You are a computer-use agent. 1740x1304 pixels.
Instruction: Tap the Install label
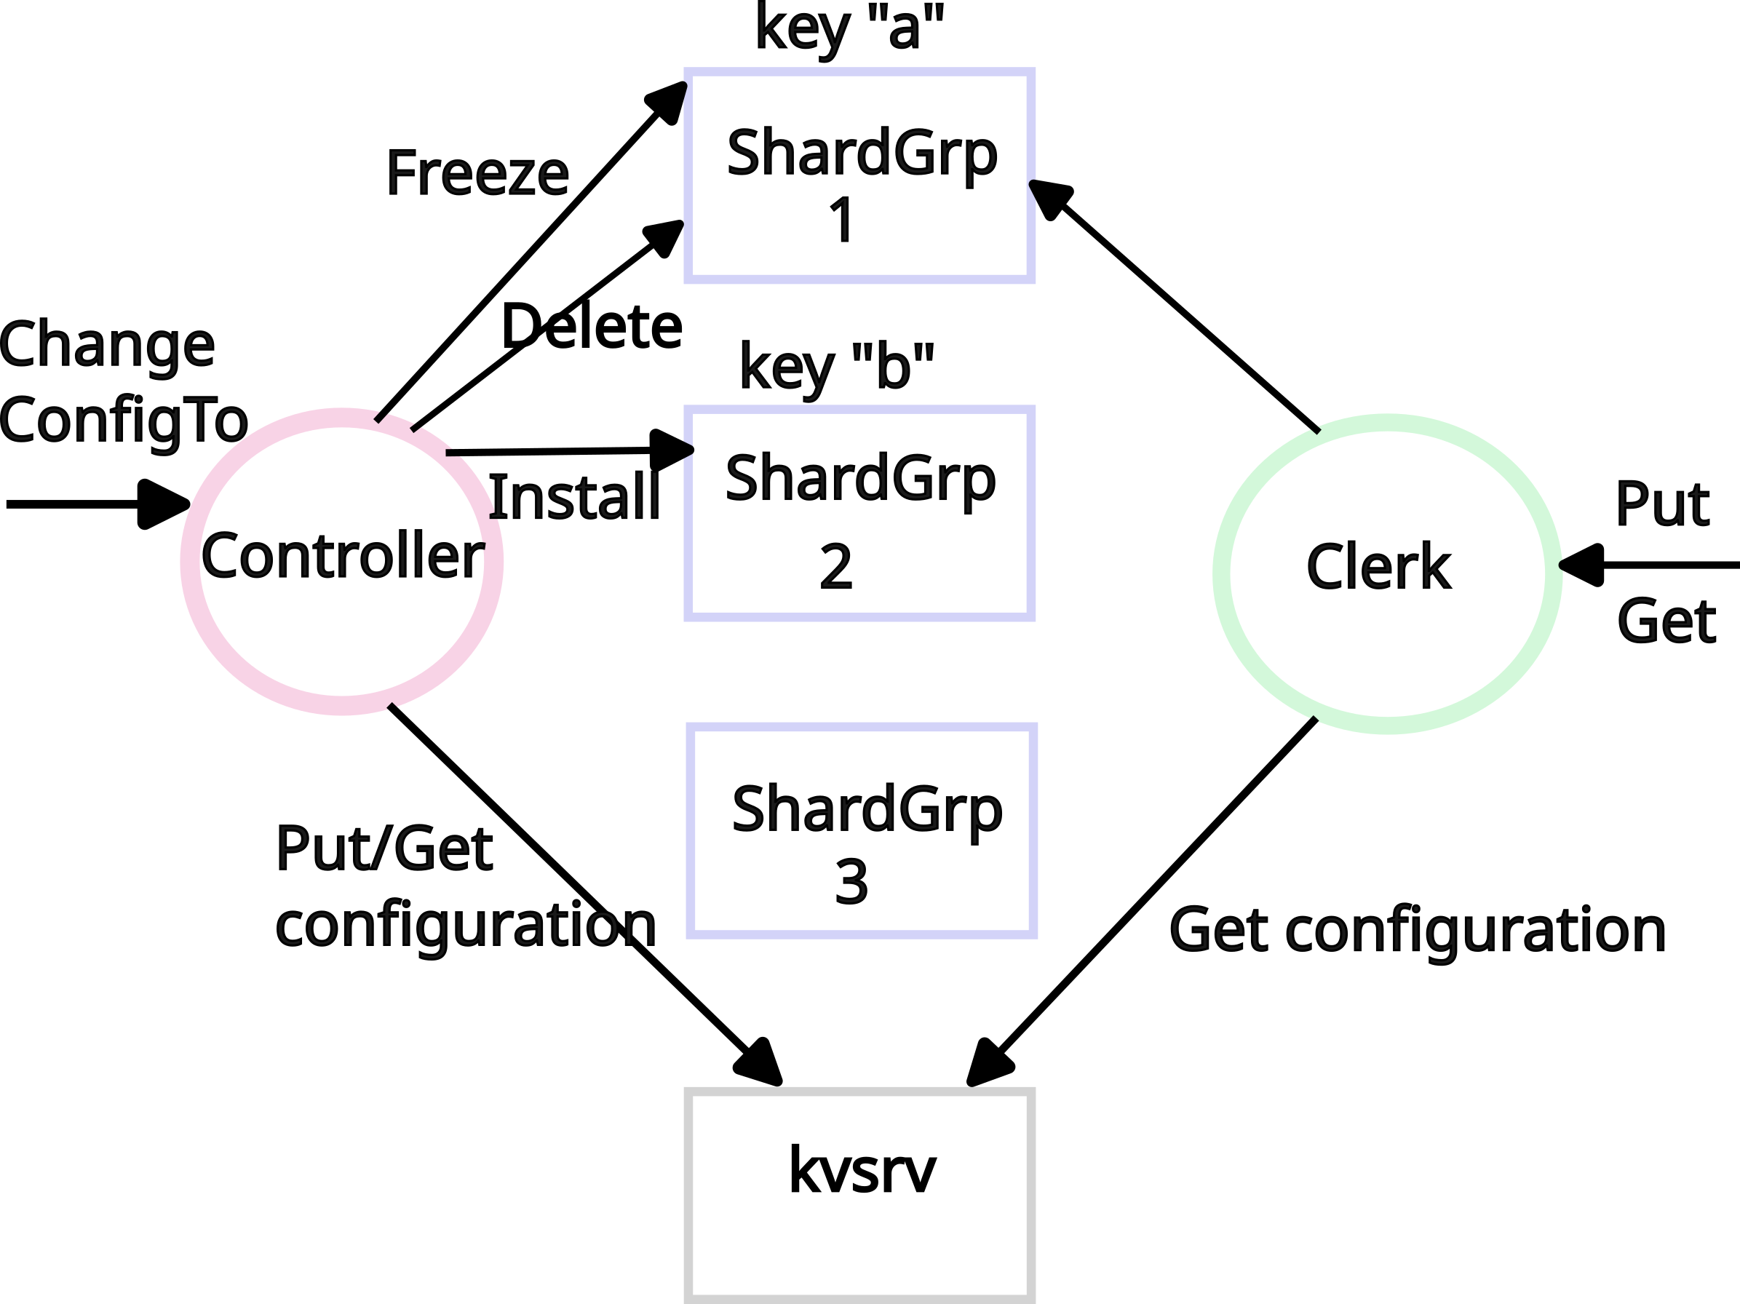(574, 497)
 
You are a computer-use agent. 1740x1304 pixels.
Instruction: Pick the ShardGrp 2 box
(859, 514)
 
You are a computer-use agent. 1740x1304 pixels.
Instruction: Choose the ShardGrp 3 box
(862, 830)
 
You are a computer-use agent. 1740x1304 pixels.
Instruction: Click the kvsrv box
(859, 1196)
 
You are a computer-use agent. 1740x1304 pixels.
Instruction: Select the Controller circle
(342, 562)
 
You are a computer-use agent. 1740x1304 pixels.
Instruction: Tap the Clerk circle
(1387, 573)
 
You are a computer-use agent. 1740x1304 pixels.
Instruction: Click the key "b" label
(837, 367)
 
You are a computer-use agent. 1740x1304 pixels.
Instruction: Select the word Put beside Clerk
(1661, 504)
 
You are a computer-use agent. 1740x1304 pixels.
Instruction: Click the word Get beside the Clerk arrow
(1666, 622)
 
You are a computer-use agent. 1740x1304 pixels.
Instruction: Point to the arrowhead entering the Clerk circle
(1582, 565)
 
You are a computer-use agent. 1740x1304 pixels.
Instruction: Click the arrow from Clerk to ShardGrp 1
(1180, 311)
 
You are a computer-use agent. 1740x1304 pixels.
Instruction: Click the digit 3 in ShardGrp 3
(852, 883)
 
